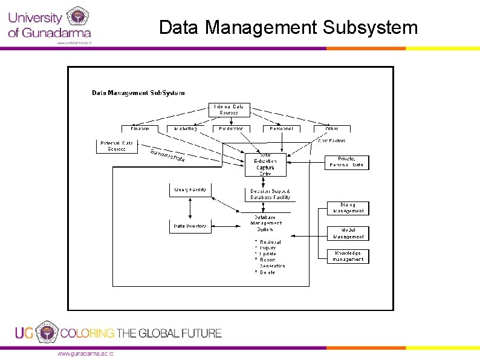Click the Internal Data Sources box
coord(229,110)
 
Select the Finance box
coord(140,129)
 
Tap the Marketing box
coord(186,129)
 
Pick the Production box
coord(231,129)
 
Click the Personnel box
coord(281,129)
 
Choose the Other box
coord(332,129)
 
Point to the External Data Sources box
coord(117,146)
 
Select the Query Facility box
coord(190,191)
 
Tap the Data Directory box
coord(190,226)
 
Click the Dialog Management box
coord(348,208)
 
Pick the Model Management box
coord(348,234)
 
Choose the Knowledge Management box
coord(348,257)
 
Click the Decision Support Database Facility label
coord(270,194)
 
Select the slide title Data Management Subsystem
coord(288,27)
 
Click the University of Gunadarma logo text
coord(48,25)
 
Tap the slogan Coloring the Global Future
coord(141,333)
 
